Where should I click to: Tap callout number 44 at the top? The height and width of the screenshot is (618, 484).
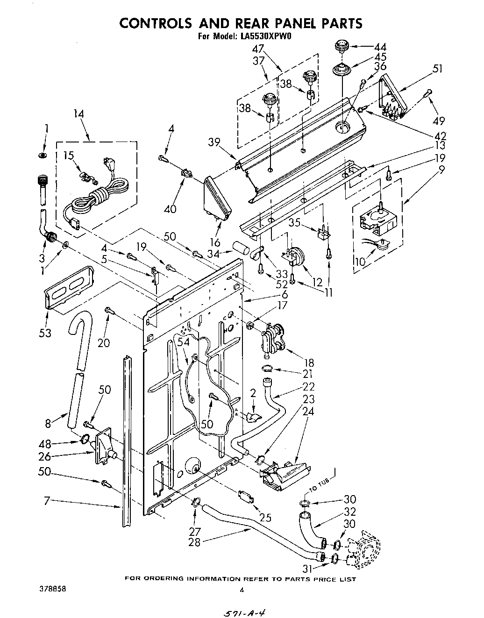pyautogui.click(x=380, y=47)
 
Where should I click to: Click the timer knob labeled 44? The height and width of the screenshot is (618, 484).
pyautogui.click(x=341, y=47)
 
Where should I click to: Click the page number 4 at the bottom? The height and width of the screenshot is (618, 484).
pyautogui.click(x=242, y=590)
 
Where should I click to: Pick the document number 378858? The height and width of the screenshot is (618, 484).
pyautogui.click(x=53, y=589)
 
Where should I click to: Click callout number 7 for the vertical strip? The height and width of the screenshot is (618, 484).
pyautogui.click(x=47, y=501)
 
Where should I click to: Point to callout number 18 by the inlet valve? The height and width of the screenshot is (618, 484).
pyautogui.click(x=308, y=362)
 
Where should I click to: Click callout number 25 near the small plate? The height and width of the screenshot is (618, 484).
pyautogui.click(x=265, y=517)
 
